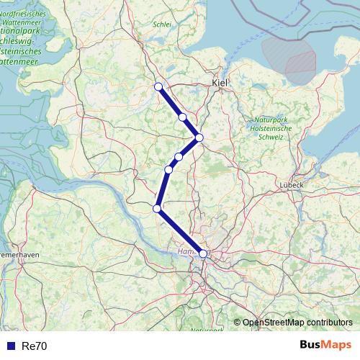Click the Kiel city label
(220, 84)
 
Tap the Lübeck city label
(293, 184)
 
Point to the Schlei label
(162, 24)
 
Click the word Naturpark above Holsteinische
(270, 120)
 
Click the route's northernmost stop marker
(158, 87)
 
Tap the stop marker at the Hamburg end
(203, 253)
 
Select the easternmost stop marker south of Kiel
(199, 138)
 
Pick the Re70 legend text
(35, 346)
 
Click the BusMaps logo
(325, 346)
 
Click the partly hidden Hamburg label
(186, 252)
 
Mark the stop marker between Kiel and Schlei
(183, 117)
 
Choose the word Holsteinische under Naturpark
(273, 128)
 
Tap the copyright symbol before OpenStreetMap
(237, 323)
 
